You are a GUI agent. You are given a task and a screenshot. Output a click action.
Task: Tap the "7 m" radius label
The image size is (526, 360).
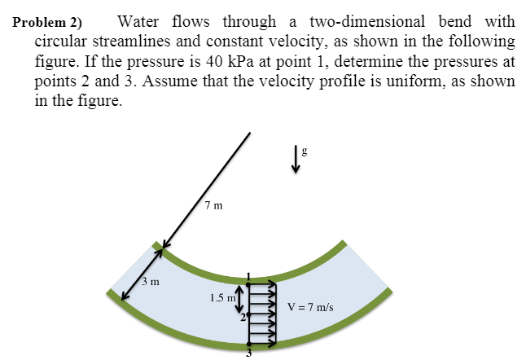[214, 205]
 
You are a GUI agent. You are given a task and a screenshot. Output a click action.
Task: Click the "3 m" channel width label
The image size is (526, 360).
[149, 282]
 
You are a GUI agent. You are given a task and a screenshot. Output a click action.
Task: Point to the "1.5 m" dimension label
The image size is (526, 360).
[221, 298]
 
